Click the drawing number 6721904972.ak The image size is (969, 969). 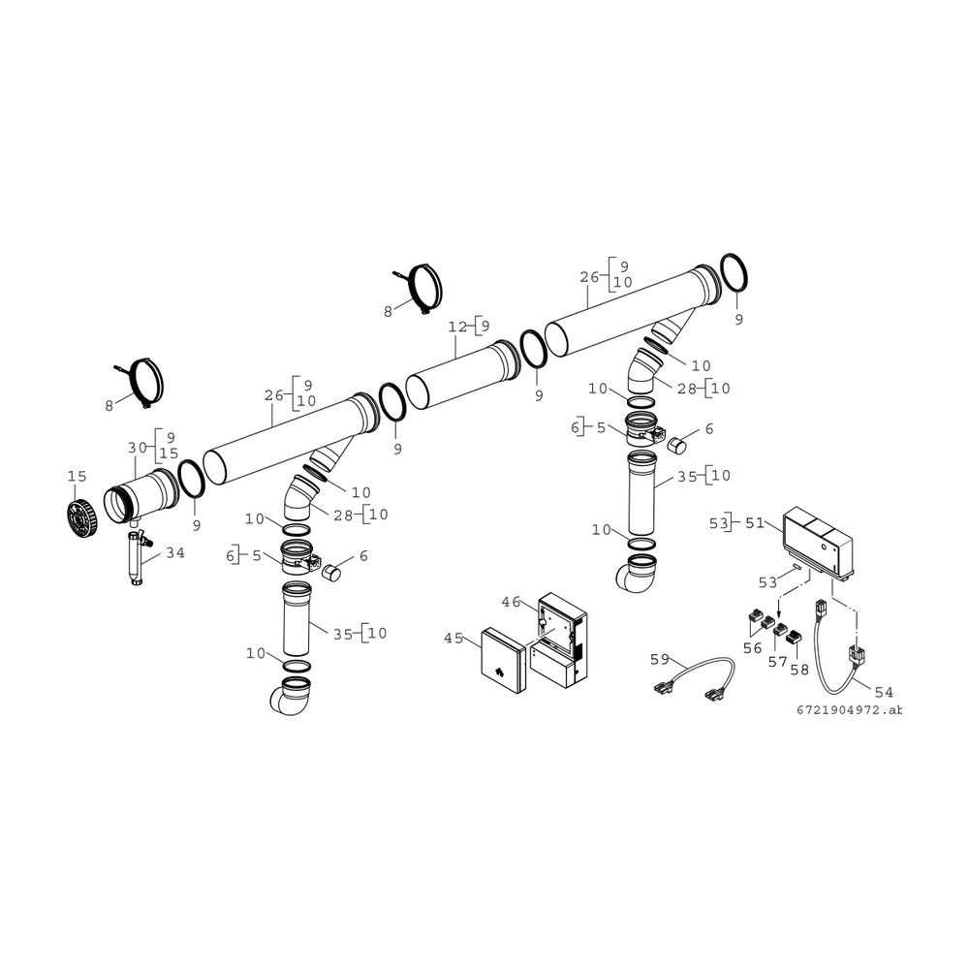click(849, 710)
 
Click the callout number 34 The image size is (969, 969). click(174, 552)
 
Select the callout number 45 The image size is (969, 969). click(453, 638)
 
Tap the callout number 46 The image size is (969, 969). click(511, 602)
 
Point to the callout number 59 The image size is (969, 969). click(660, 659)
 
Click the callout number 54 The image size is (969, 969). click(884, 692)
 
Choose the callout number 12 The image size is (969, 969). click(458, 327)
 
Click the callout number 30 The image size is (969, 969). click(138, 447)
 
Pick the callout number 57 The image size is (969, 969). click(777, 662)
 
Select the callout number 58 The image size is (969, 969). click(799, 670)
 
